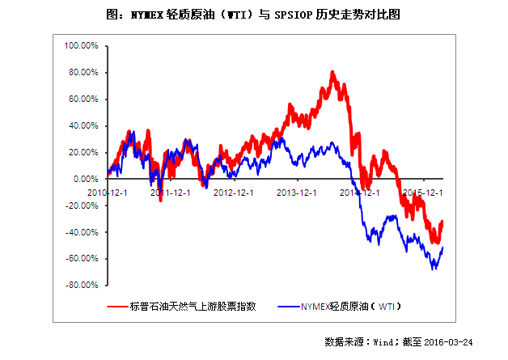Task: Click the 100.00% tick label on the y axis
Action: (x=82, y=46)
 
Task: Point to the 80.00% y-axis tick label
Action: (x=83, y=73)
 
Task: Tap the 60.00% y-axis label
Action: (x=83, y=100)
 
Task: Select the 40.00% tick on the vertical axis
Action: (x=83, y=126)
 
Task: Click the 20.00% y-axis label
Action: (x=83, y=153)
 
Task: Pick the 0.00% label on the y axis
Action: (x=86, y=180)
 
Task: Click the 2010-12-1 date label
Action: (x=108, y=193)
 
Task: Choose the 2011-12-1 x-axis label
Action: (x=171, y=193)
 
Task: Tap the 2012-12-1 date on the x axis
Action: (x=234, y=193)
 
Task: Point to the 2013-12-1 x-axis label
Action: (x=297, y=193)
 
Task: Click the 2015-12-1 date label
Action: (x=422, y=193)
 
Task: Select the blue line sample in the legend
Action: (x=287, y=307)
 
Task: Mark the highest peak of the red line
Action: (x=333, y=73)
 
